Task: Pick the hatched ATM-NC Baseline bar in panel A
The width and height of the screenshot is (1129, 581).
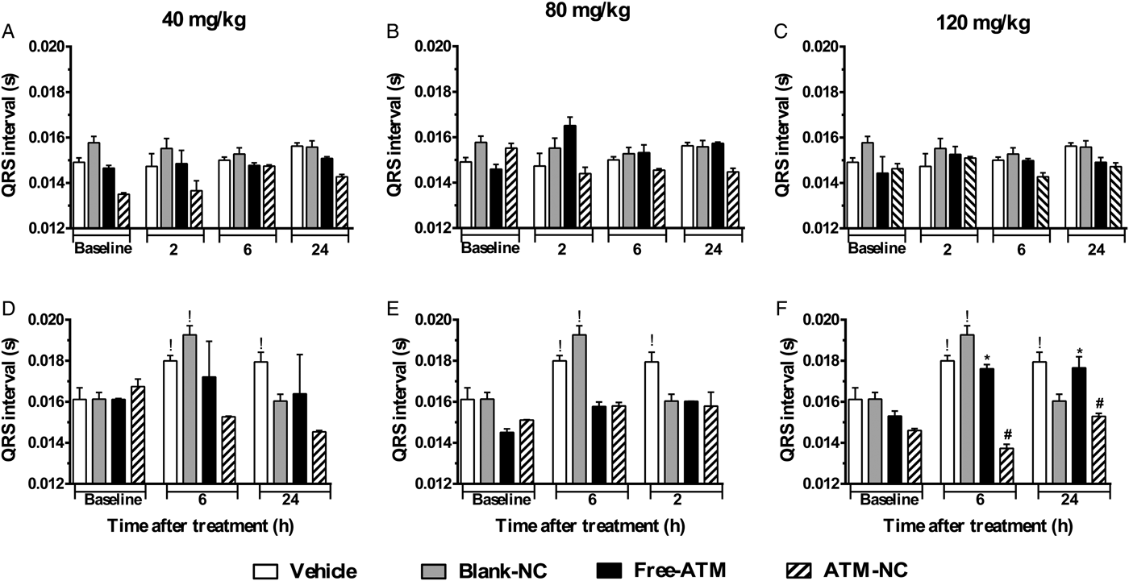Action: pyautogui.click(x=123, y=211)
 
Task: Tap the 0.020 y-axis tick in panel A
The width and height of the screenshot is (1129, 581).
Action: pyautogui.click(x=49, y=46)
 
